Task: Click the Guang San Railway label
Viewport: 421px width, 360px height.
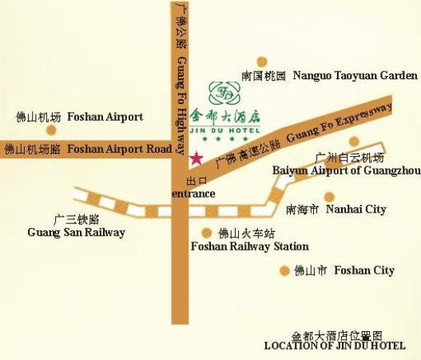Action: click(76, 232)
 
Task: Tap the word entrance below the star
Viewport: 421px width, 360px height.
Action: click(194, 193)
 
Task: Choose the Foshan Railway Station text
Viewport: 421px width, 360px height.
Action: click(249, 246)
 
